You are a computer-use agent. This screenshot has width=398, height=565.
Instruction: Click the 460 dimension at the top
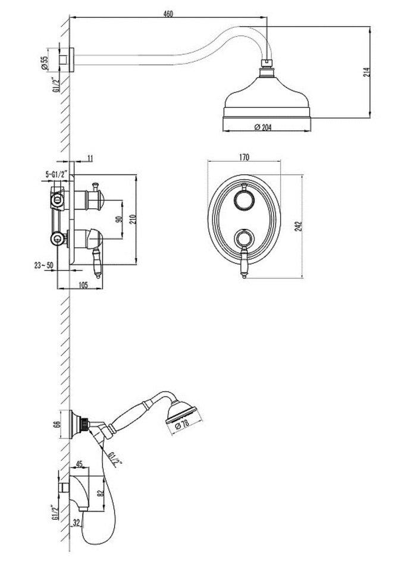[168, 14]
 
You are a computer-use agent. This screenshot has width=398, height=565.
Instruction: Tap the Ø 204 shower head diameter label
[263, 127]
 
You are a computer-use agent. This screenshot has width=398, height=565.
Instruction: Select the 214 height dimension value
[366, 72]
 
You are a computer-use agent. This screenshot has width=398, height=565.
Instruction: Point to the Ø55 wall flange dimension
[45, 62]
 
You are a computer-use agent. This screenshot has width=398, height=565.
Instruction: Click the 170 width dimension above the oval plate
[244, 157]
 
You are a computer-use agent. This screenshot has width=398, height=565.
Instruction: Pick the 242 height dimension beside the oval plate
[299, 226]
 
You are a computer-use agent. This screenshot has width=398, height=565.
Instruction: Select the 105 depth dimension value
[83, 285]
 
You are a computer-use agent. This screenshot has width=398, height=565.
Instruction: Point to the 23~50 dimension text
[43, 265]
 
